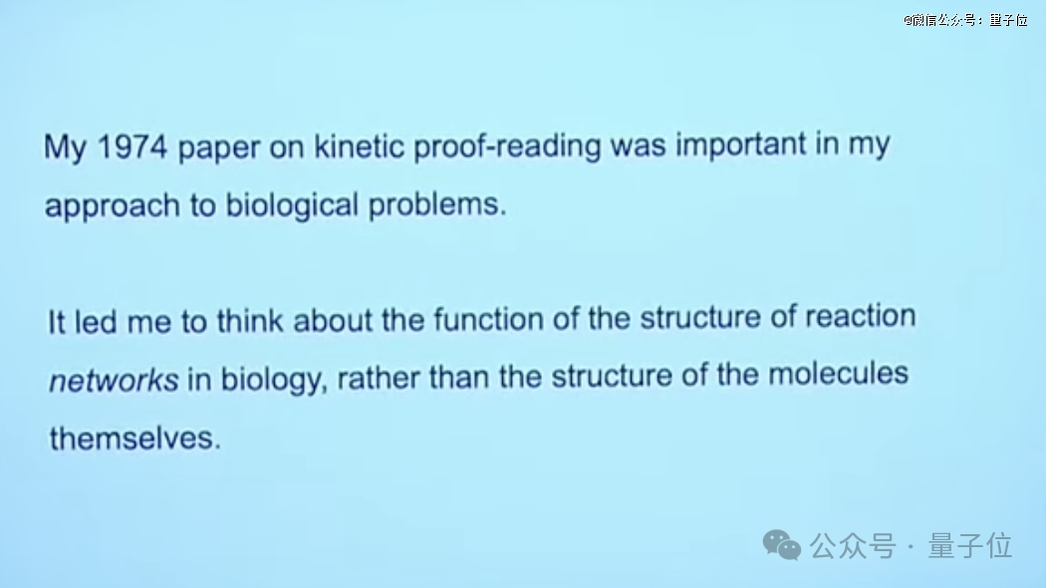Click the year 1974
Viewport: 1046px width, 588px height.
point(132,147)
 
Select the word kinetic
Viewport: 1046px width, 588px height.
point(359,146)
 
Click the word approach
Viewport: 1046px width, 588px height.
point(112,206)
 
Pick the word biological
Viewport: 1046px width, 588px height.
point(292,205)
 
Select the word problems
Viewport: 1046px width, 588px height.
point(437,203)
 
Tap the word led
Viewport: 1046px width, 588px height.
point(97,322)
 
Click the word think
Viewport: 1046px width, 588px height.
point(251,320)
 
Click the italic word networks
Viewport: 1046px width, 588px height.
point(115,381)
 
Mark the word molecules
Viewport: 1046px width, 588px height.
point(839,374)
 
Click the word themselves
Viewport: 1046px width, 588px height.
point(134,439)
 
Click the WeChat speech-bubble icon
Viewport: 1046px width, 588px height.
point(782,545)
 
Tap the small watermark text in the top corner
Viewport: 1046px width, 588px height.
point(965,20)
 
